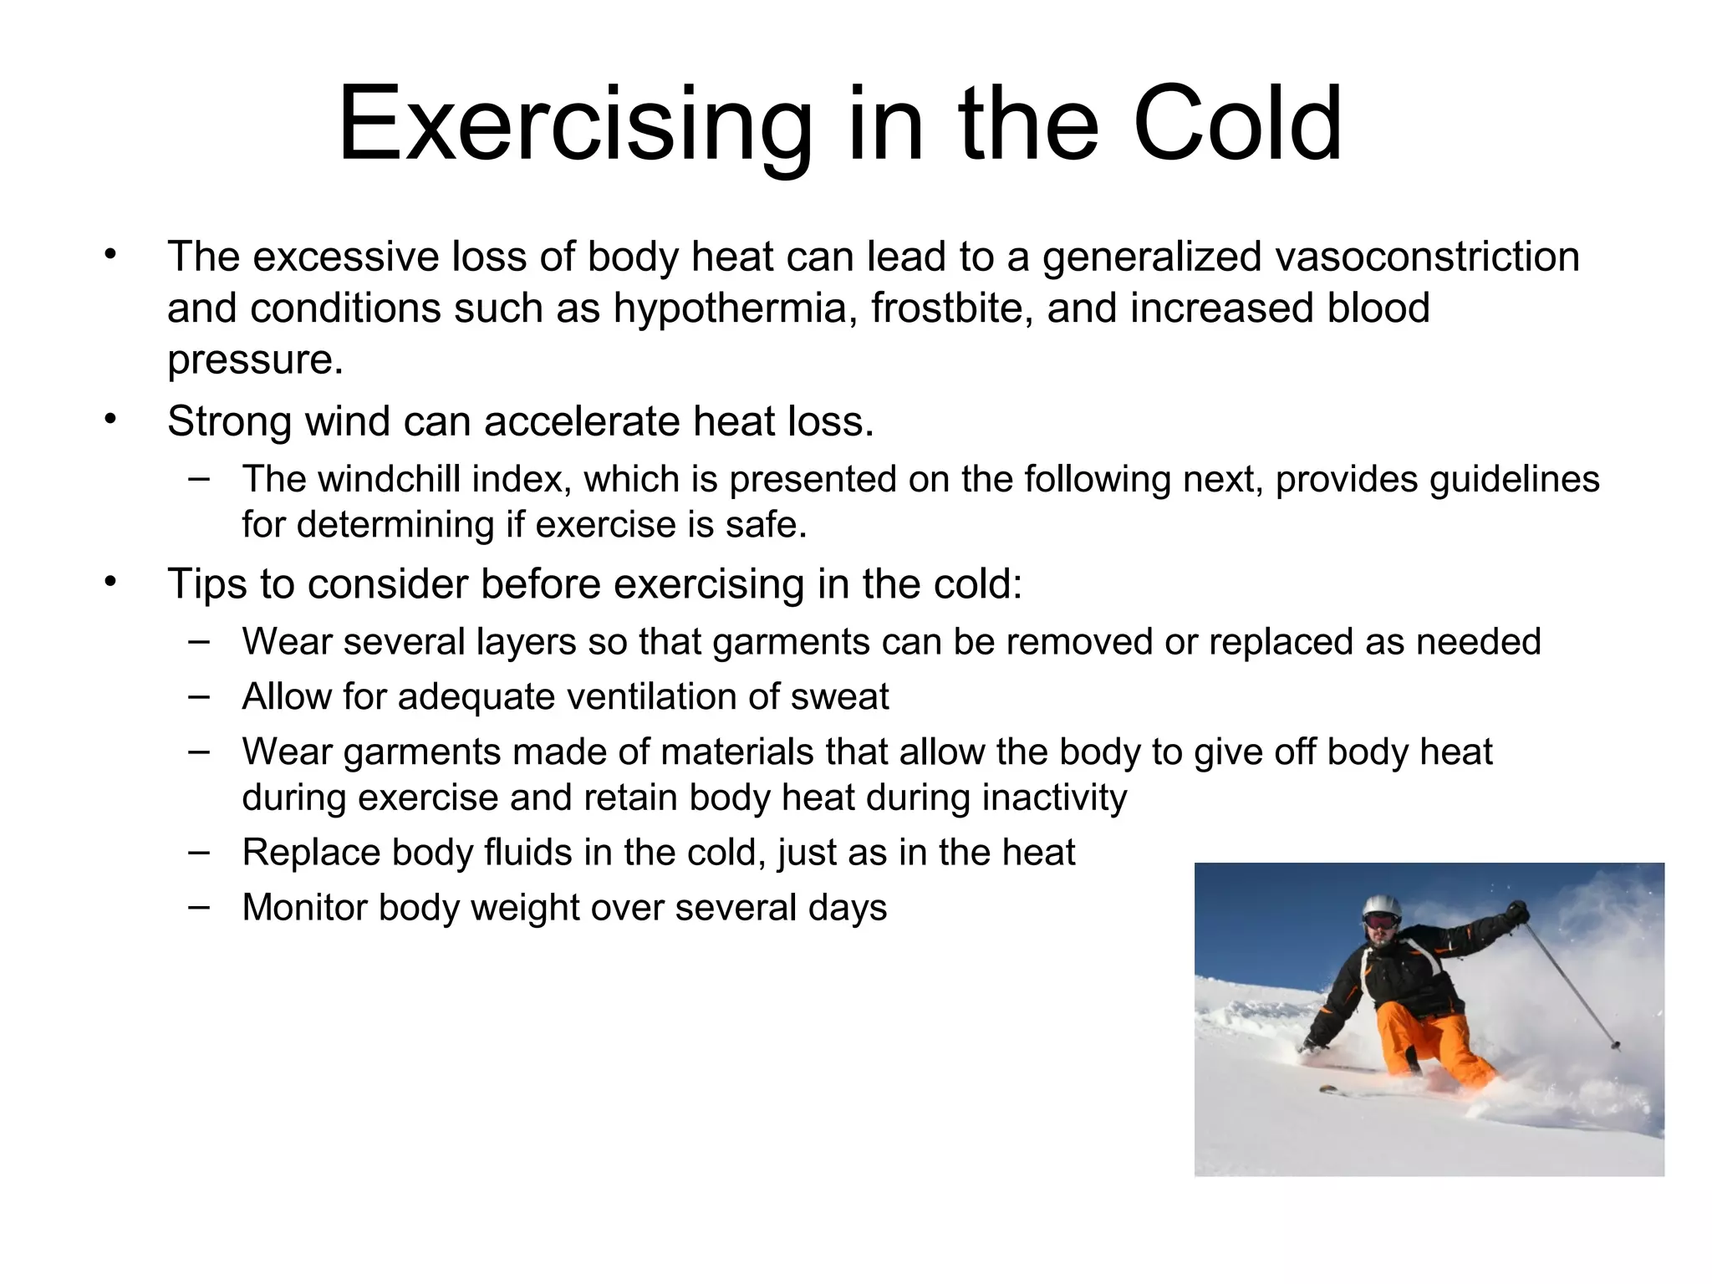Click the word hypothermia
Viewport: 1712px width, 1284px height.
coord(735,308)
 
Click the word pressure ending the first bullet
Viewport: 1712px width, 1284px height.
coord(253,360)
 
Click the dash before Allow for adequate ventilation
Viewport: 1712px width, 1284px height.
coord(199,695)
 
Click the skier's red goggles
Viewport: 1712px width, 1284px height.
coord(1380,921)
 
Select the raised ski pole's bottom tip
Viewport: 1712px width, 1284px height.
coord(1616,1045)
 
